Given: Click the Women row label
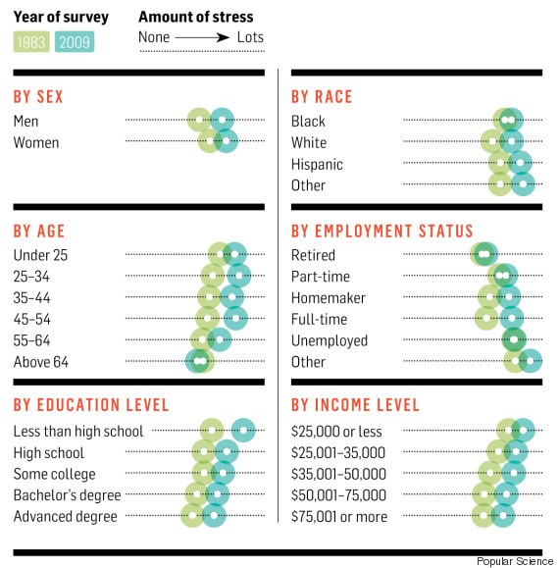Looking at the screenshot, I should pos(36,142).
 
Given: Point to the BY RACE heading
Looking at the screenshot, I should pos(322,97).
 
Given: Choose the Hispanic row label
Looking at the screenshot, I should pos(317,164).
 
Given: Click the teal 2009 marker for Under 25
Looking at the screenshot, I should pos(234,254).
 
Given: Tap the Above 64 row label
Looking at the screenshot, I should pos(41,362).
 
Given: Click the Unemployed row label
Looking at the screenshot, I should pos(330,340).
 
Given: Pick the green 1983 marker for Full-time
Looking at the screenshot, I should pos(486,319).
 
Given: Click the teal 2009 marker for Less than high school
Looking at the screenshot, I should pos(243,431).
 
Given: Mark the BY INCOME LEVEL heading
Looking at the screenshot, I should pos(355,405).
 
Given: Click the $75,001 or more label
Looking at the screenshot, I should pos(339,517).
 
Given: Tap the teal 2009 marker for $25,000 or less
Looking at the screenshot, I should pos(523,431).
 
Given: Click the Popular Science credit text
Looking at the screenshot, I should pos(514,560).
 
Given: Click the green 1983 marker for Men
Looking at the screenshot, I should pos(200,121).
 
